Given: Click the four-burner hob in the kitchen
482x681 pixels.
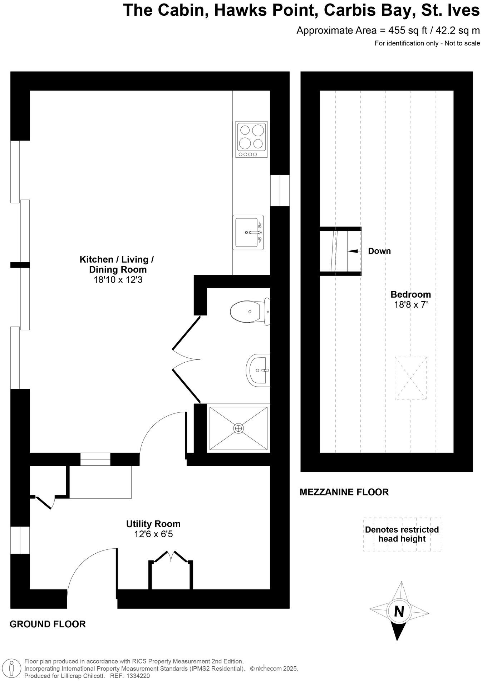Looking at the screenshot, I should pyautogui.click(x=251, y=139).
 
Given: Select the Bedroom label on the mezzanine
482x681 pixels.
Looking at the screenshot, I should pyautogui.click(x=410, y=294).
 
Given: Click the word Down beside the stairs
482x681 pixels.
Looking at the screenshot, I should pyautogui.click(x=379, y=251).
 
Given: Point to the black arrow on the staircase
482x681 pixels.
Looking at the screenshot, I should pyautogui.click(x=353, y=251).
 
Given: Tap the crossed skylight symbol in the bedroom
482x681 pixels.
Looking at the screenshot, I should pyautogui.click(x=410, y=378).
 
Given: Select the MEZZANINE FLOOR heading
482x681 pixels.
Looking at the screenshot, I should pyautogui.click(x=344, y=492).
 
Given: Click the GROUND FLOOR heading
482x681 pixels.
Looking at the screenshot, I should pyautogui.click(x=48, y=624).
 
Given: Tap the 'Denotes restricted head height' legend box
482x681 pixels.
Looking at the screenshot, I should pyautogui.click(x=402, y=534).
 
